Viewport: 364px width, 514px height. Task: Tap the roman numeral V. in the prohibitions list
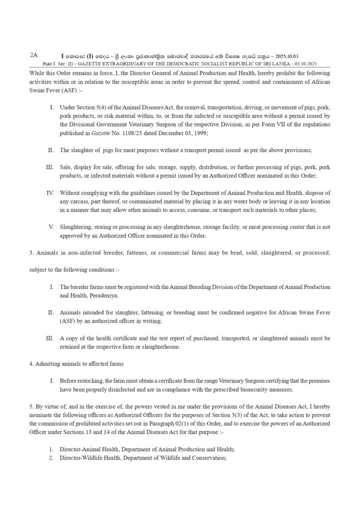tap(51, 227)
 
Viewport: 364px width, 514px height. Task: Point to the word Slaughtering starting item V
tap(76, 227)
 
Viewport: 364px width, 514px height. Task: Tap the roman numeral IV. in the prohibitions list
tap(50, 193)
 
